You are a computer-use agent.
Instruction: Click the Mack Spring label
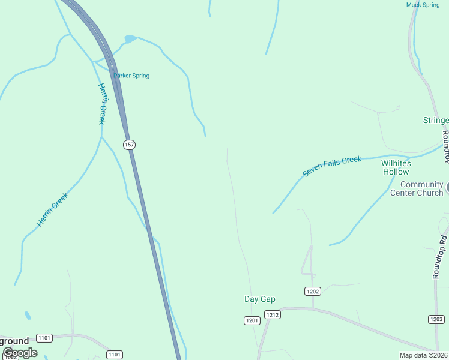click(423, 5)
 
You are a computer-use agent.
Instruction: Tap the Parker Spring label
click(131, 76)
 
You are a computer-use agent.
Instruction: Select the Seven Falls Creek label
click(332, 166)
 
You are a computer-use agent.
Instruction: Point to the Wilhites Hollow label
click(396, 167)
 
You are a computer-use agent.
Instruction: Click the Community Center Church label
click(417, 188)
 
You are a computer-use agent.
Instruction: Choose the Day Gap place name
click(260, 299)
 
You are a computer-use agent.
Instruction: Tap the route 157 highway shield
click(130, 145)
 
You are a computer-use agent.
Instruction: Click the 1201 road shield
click(252, 320)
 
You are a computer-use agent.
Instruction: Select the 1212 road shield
click(272, 314)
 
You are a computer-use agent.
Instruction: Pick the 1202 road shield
click(312, 292)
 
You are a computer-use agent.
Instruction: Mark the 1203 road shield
click(436, 319)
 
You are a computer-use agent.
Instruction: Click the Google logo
click(20, 353)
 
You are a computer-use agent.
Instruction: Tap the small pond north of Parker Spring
click(130, 40)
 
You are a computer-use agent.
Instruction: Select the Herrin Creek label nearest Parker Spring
click(102, 103)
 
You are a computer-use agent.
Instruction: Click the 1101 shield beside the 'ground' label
click(44, 338)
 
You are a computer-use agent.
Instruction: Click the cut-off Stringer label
click(436, 121)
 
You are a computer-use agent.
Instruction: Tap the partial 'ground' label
click(14, 341)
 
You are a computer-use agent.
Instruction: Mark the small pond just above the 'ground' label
click(28, 315)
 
